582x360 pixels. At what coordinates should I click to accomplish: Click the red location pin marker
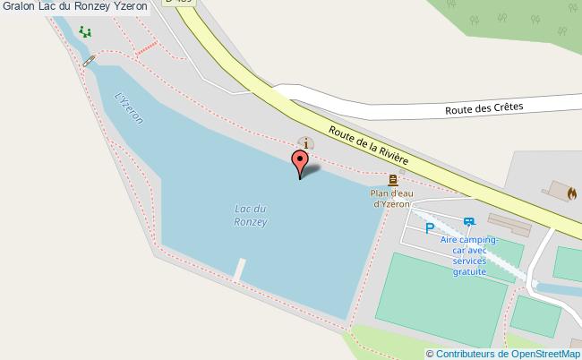coord(300,164)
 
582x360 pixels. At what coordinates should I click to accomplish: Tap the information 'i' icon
coord(306,142)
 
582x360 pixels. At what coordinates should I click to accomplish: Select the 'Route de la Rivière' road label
coord(368,144)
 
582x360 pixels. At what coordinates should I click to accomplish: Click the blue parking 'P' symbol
coord(430,228)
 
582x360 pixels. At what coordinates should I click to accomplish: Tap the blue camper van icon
coord(469,222)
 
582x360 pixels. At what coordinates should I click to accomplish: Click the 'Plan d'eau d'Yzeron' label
coord(391,197)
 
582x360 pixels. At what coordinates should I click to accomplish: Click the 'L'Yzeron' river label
coord(131,109)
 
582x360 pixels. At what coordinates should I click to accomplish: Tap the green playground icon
coord(85,32)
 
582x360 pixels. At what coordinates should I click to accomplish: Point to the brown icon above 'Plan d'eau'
coord(393,179)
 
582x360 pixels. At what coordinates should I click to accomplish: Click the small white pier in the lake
coord(239,268)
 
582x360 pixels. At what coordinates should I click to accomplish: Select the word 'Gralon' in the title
coord(18,6)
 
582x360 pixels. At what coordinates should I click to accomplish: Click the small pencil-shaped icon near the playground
coord(88,60)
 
